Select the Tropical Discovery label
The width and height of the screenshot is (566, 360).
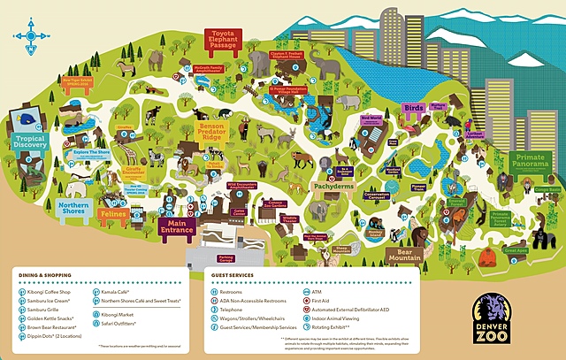coord(29,144)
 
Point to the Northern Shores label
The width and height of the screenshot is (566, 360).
coord(73,208)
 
